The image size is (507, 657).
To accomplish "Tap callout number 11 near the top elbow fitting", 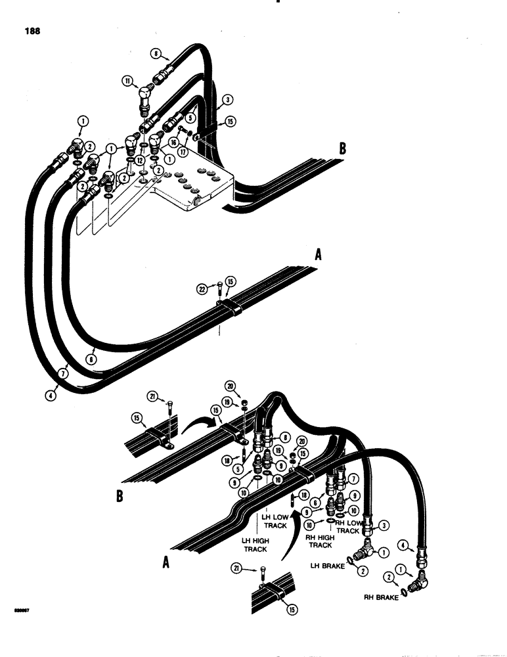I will pyautogui.click(x=126, y=81).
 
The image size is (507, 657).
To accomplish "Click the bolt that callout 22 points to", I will pyautogui.click(x=219, y=287).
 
